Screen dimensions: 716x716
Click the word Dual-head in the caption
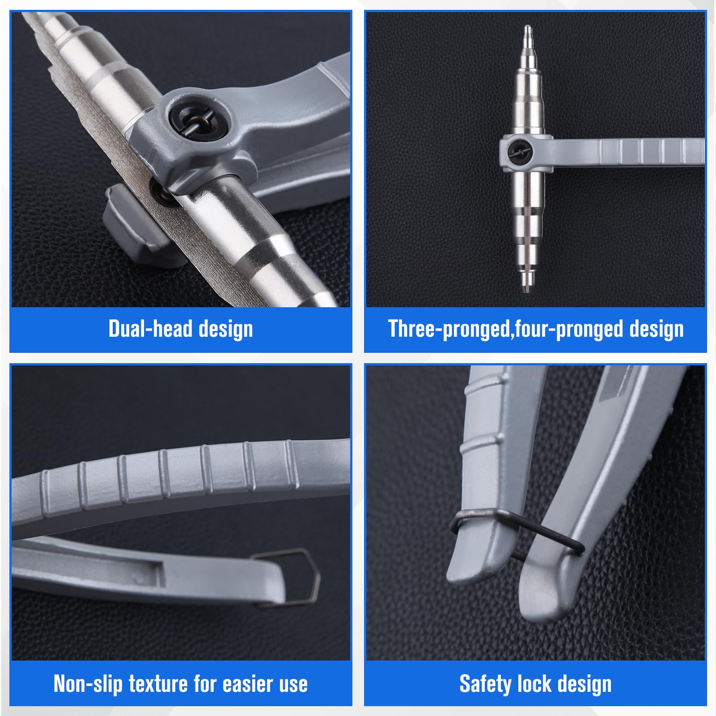(150, 329)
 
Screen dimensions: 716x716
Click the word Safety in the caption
(485, 684)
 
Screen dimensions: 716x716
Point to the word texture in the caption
(158, 684)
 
